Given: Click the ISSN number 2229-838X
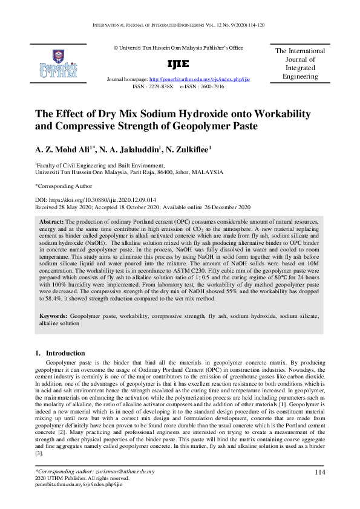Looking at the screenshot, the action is click(162, 86).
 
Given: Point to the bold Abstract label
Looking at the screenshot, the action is click(51, 222).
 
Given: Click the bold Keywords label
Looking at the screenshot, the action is click(54, 316).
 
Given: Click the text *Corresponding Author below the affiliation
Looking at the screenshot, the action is click(64, 186).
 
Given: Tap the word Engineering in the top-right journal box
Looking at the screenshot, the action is click(300, 77).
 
